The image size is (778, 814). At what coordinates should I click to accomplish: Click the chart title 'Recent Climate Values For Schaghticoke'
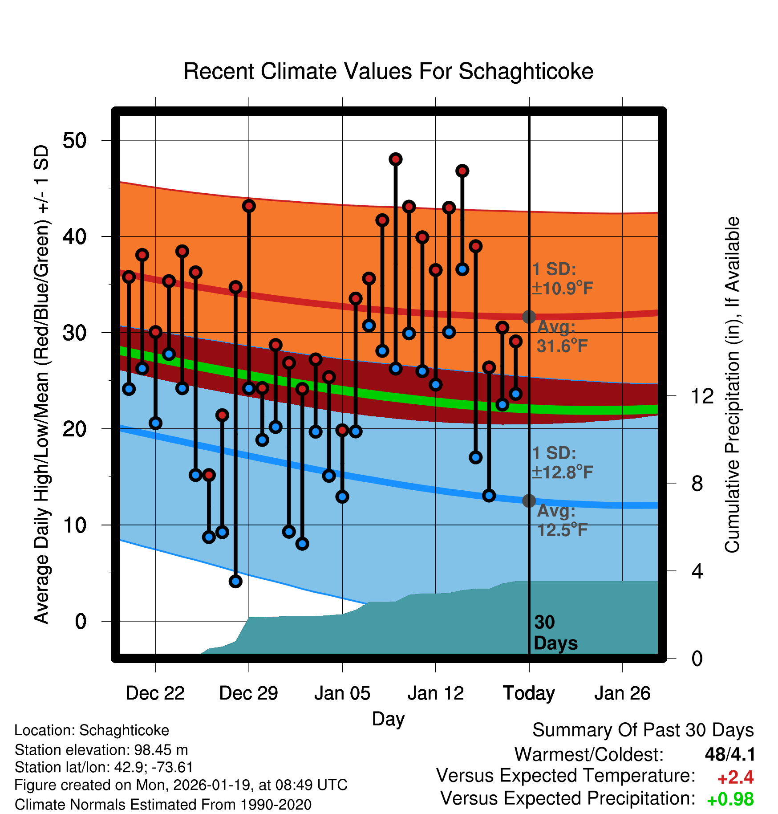tap(388, 72)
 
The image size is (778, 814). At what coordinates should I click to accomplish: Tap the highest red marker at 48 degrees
tap(395, 159)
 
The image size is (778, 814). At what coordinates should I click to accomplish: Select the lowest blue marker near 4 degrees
tap(235, 581)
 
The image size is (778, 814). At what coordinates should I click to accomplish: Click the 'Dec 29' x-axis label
tap(248, 693)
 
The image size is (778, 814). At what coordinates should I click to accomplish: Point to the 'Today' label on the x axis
tap(529, 693)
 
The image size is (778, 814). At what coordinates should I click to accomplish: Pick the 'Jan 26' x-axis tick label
tap(622, 693)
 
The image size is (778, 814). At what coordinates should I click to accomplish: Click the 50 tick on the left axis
tap(74, 141)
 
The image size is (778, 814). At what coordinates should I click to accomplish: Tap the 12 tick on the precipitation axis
tap(702, 396)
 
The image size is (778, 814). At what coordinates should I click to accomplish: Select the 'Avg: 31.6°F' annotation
tap(562, 336)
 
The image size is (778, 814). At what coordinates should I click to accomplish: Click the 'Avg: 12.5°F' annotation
tap(562, 520)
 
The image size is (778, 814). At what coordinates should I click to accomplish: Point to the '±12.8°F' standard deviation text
tap(562, 472)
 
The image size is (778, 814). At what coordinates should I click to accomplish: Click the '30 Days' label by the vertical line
tap(555, 633)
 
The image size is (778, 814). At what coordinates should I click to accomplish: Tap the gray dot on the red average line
tap(529, 317)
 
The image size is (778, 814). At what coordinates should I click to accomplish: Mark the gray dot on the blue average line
tap(529, 501)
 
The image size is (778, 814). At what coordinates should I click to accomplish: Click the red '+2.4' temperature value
tap(735, 777)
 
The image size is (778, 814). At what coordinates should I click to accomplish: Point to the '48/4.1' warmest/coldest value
tap(730, 754)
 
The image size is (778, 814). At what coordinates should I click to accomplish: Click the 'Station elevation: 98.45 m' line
tap(101, 750)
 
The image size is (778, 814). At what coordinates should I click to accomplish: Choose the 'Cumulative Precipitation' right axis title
tap(732, 385)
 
